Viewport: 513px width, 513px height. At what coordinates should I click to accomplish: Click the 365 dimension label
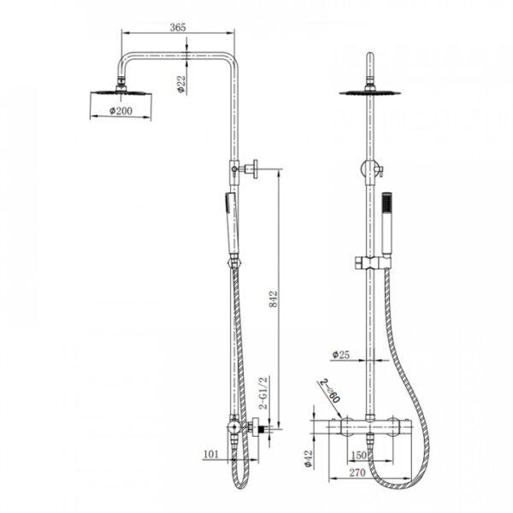coord(178,27)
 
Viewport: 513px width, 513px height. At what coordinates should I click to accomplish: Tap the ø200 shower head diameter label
coord(121,110)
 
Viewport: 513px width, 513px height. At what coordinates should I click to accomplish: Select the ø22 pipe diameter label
coord(181,84)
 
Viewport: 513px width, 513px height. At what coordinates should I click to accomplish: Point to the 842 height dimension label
coord(273,298)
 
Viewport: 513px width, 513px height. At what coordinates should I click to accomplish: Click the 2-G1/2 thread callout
coord(263,392)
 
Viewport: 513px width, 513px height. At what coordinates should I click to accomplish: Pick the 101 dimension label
coord(211,454)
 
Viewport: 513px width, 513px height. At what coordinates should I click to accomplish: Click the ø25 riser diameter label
coord(341,354)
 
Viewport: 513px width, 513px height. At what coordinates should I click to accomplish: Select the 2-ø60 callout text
coord(330,391)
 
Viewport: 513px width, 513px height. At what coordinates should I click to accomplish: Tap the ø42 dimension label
coord(309,458)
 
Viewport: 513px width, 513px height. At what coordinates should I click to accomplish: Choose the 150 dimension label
coord(358,455)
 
